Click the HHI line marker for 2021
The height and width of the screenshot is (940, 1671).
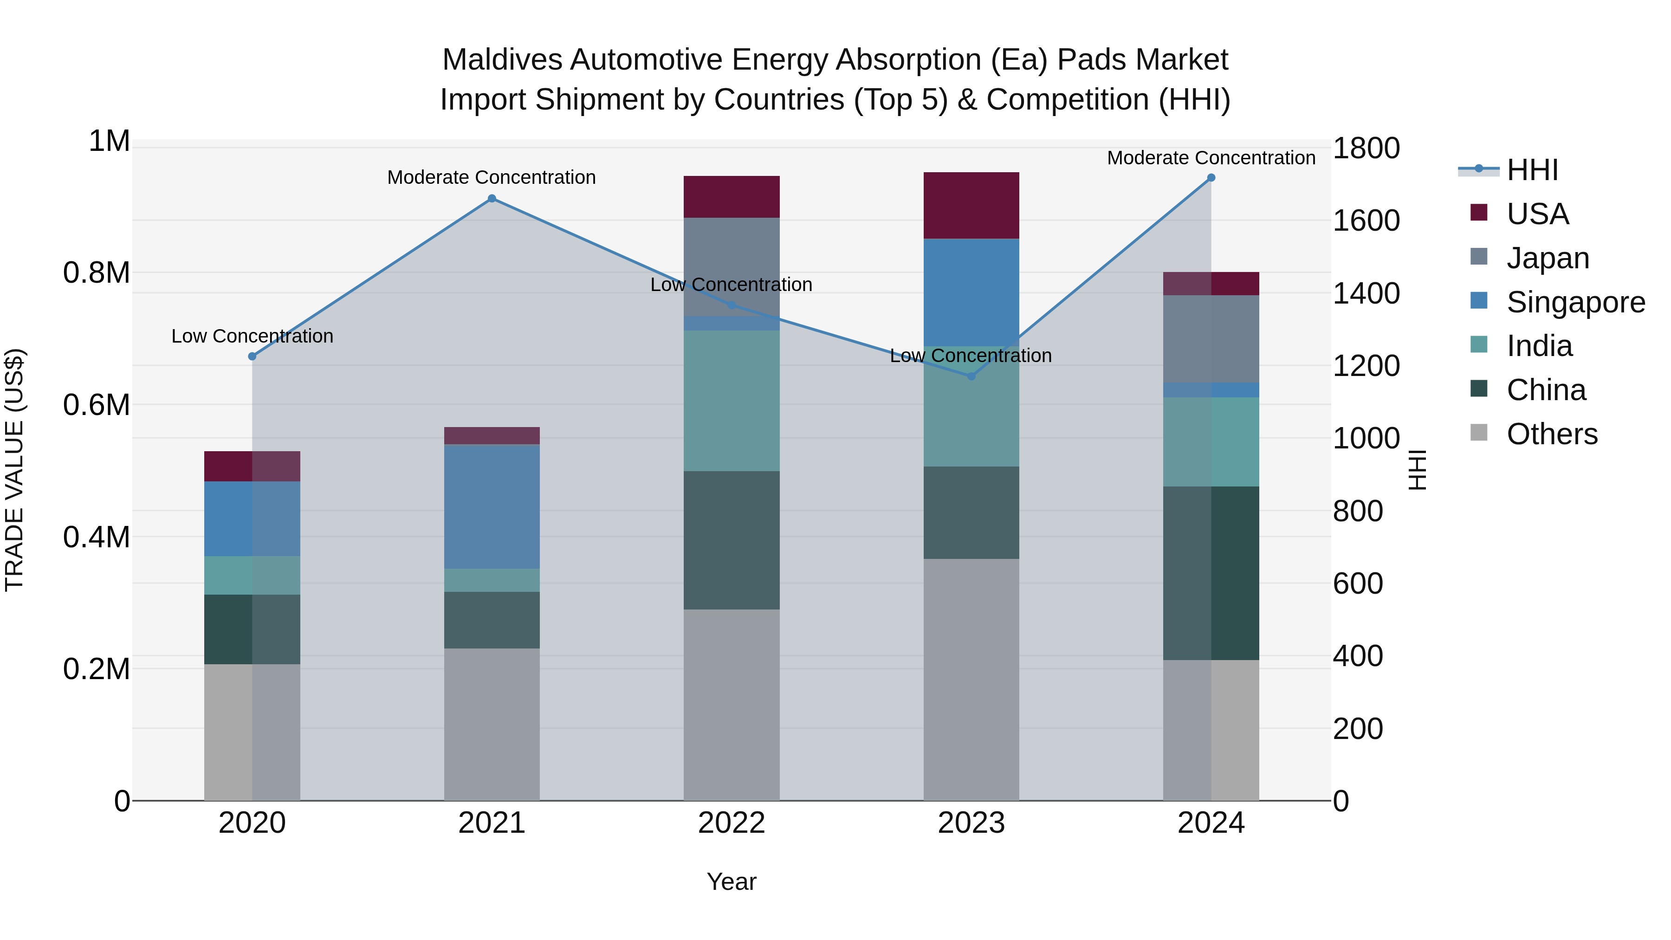(492, 199)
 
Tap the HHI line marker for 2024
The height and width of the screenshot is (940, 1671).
(1211, 178)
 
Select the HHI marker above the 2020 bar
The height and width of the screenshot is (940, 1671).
(253, 356)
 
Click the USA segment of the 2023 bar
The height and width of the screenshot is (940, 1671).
(971, 206)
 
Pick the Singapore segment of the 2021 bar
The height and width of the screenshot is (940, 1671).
(492, 506)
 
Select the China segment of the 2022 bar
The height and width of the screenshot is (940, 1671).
(732, 540)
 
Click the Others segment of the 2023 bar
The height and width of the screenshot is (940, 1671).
(971, 679)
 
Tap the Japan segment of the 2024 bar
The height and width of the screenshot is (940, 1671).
(1211, 339)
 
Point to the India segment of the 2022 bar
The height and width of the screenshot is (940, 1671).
(732, 400)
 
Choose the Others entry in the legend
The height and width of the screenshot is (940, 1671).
(1552, 434)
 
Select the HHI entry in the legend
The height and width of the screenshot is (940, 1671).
(1532, 170)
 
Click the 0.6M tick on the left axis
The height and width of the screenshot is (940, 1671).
(97, 405)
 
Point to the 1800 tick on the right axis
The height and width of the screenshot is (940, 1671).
(1366, 149)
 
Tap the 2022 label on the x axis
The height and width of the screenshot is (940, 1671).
(732, 823)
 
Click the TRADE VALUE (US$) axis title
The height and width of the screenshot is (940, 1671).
(14, 470)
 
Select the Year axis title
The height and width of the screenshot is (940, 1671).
(732, 882)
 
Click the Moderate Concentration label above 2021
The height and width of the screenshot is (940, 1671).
(492, 177)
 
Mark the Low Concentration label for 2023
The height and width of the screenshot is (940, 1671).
(971, 356)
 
